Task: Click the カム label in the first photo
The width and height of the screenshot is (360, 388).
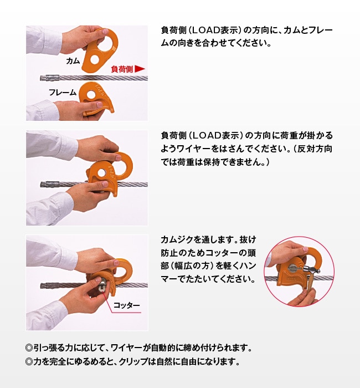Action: point(73,59)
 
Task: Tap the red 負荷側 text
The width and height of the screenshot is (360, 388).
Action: point(121,69)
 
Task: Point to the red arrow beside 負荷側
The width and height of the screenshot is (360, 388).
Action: point(140,69)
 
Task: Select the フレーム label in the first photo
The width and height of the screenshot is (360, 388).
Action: point(62,92)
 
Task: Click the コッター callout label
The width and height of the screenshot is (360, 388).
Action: point(127,305)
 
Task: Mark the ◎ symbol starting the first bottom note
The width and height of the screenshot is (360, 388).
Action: point(30,349)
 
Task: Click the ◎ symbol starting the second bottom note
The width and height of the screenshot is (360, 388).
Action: point(30,363)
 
